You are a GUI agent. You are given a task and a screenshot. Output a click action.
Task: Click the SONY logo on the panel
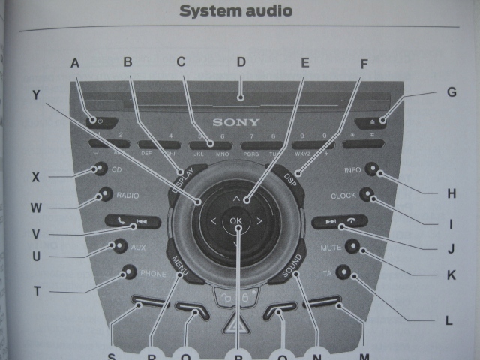click(x=236, y=122)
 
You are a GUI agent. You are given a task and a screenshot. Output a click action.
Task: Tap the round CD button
click(x=100, y=170)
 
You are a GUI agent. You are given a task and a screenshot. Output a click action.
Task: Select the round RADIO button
click(x=105, y=196)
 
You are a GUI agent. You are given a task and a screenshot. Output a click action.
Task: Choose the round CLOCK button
click(x=367, y=195)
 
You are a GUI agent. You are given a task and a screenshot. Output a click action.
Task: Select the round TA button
click(x=343, y=271)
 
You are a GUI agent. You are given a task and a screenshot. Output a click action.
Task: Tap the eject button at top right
click(x=382, y=119)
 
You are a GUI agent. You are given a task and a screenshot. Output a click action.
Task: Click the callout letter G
click(x=451, y=92)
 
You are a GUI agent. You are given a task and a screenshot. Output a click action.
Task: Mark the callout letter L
click(x=448, y=320)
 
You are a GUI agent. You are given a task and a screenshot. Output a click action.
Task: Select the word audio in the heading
click(x=268, y=11)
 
